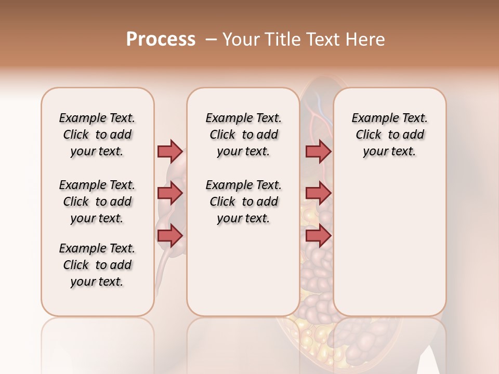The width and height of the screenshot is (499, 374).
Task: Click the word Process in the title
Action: [161, 39]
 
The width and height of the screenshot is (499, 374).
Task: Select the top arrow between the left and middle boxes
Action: [170, 151]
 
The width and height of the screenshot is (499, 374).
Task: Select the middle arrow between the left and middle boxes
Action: [170, 194]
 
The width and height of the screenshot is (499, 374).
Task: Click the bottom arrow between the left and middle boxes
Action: [170, 236]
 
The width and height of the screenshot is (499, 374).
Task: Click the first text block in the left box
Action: [97, 135]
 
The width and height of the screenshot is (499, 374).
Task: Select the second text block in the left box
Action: [97, 202]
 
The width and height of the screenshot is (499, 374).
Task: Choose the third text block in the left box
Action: [97, 265]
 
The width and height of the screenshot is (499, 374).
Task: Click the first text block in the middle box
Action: [243, 135]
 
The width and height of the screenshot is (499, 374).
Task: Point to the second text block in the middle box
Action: [243, 202]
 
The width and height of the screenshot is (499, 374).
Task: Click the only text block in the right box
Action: [389, 135]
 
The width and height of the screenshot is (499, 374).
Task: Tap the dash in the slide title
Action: [211, 39]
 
